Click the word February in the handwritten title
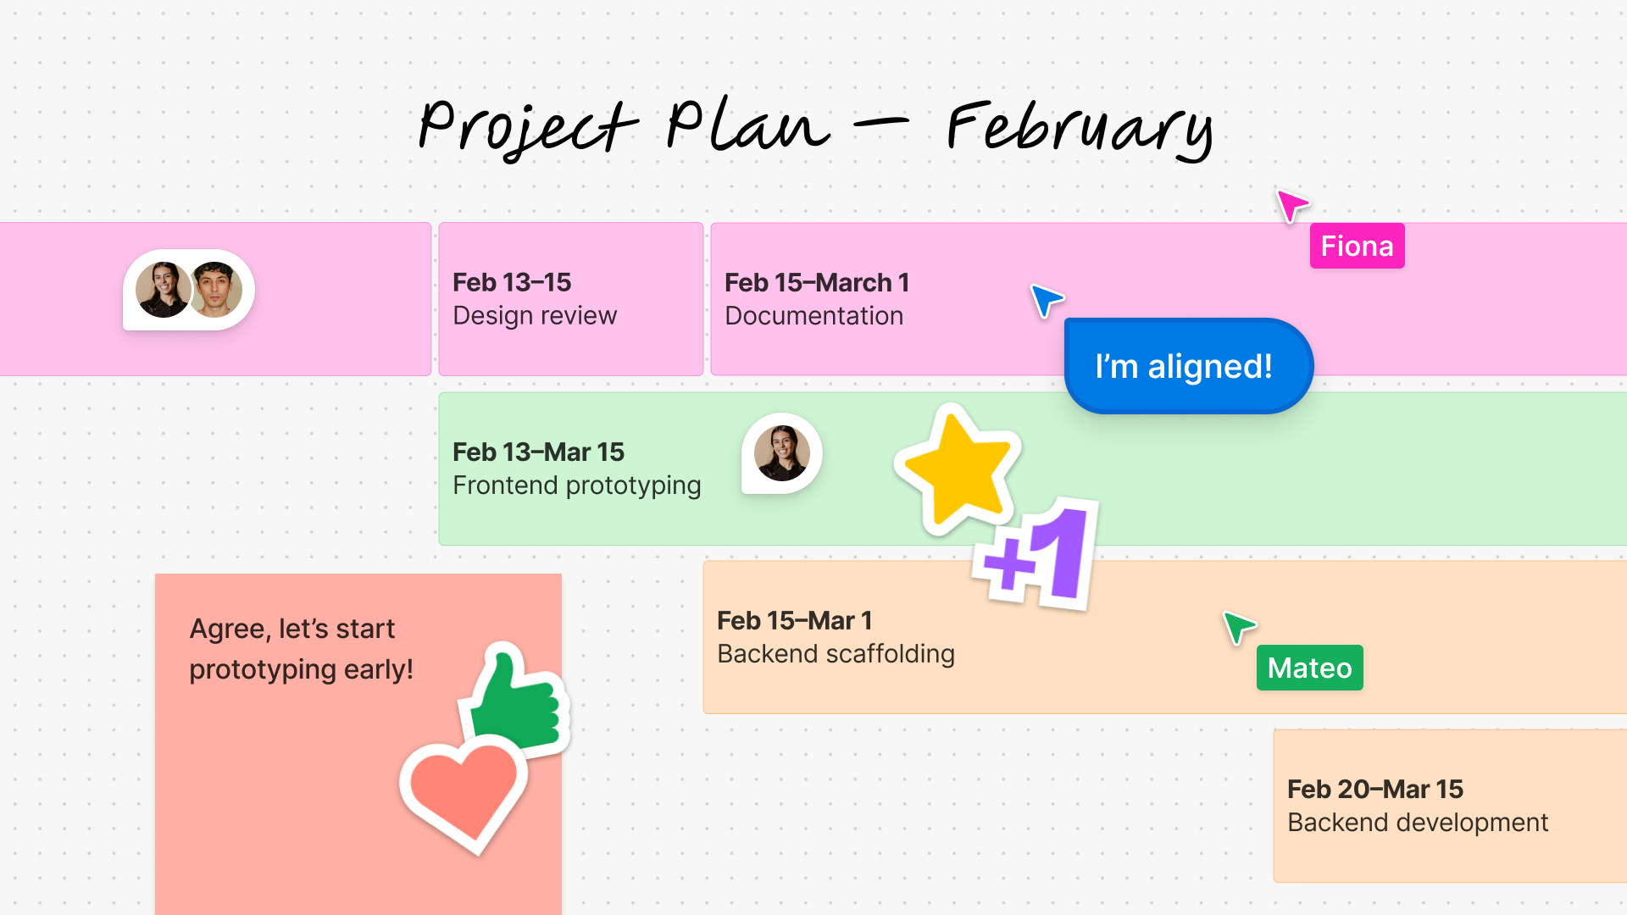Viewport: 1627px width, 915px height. [1080, 129]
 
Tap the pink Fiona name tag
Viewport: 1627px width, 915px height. [1357, 246]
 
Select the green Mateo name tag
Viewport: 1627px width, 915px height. [1309, 668]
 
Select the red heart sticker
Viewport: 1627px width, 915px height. [462, 791]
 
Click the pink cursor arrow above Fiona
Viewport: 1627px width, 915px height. [1291, 204]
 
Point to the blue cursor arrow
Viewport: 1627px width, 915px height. [1046, 299]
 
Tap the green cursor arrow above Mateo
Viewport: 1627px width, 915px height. [1238, 627]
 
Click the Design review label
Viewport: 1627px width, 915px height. [535, 316]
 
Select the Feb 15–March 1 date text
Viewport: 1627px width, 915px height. [816, 282]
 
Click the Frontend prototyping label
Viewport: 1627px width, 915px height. [576, 485]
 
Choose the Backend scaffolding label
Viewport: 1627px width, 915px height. [836, 654]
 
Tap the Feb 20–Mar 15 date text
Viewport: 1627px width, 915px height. [1374, 789]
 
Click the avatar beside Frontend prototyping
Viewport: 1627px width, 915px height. [782, 453]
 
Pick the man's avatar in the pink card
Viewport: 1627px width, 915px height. [216, 289]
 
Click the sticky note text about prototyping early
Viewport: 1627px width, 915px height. [301, 649]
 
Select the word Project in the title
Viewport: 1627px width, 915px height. [527, 127]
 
